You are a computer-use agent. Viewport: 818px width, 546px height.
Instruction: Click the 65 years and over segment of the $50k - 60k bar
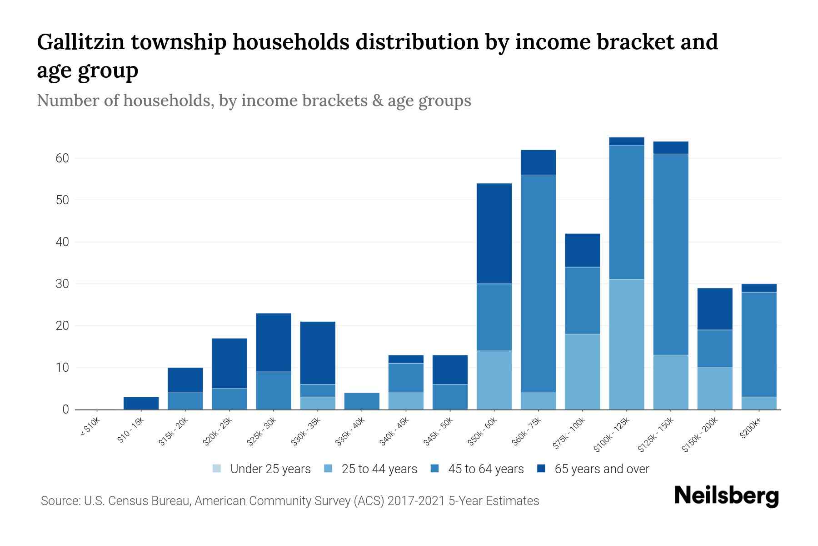point(494,233)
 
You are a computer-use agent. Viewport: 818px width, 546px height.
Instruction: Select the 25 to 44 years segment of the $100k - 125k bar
point(627,344)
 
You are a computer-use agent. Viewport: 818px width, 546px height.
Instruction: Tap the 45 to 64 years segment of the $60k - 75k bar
point(538,283)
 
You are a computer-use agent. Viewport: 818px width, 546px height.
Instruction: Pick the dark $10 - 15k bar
point(141,403)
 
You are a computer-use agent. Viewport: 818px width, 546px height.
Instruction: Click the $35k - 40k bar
point(362,401)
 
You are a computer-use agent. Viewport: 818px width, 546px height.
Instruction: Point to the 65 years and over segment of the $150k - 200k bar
point(715,309)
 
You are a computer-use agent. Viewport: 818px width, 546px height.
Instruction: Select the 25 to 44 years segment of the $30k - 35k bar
point(318,403)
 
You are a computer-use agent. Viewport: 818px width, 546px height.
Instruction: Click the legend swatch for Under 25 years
point(217,469)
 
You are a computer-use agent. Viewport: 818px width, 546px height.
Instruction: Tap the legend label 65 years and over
point(602,469)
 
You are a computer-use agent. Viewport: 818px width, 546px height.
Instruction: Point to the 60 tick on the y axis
point(63,158)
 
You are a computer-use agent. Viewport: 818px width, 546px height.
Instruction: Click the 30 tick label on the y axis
point(63,284)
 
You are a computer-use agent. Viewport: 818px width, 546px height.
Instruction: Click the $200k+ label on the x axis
point(750,430)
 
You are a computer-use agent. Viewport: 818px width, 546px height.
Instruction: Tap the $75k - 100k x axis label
point(569,435)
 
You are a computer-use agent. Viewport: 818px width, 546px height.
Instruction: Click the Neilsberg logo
point(726,496)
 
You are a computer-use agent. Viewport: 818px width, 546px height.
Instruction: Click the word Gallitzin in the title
point(80,42)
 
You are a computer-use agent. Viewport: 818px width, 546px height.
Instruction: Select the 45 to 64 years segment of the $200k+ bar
point(759,344)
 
